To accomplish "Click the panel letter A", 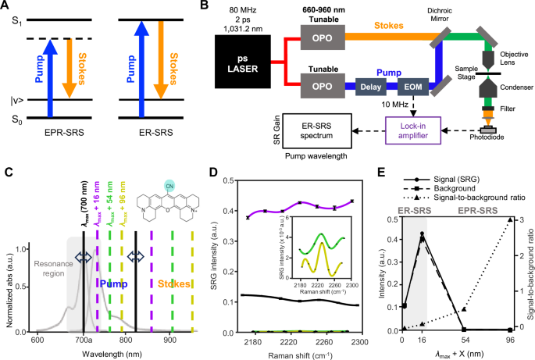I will click(x=6, y=6).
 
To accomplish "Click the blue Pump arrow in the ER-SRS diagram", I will click(x=148, y=66).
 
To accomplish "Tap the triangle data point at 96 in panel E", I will click(x=511, y=219).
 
